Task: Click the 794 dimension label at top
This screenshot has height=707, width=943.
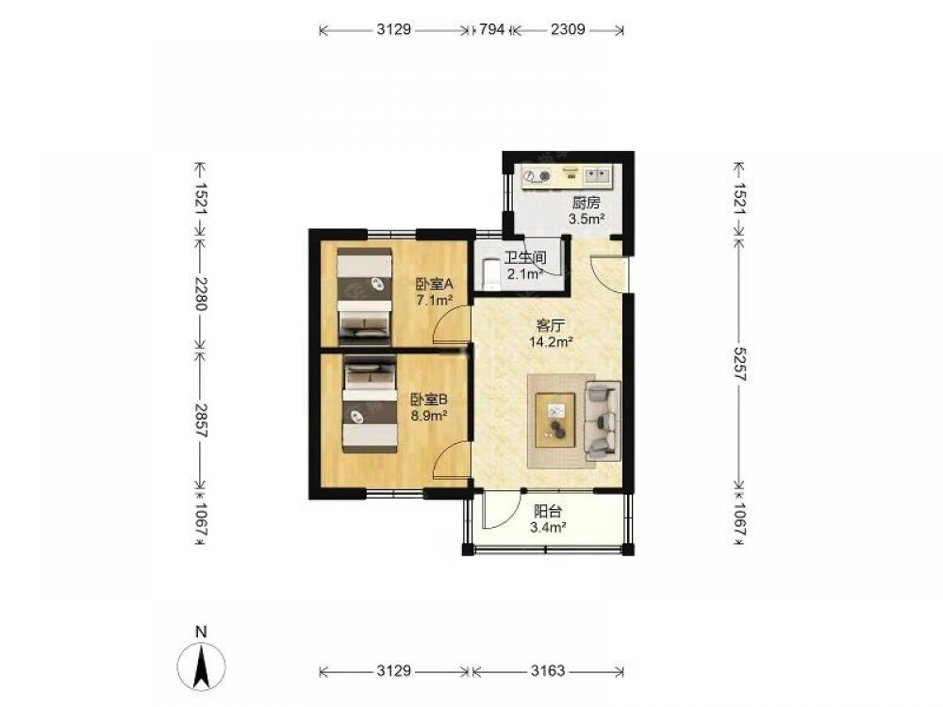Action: point(492,29)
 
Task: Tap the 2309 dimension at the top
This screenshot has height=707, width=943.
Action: point(568,29)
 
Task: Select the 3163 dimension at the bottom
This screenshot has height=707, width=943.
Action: point(548,670)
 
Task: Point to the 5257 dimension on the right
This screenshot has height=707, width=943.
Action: point(739,364)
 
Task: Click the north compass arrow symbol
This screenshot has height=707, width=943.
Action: point(202,666)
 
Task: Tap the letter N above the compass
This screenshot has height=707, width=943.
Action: point(202,632)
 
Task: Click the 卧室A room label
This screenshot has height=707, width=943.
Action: point(434,284)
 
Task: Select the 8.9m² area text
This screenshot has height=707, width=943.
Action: point(428,415)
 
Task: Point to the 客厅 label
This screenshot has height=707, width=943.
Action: point(551,326)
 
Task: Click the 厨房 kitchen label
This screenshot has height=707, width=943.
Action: point(586,203)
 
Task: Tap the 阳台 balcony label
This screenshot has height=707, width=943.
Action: point(548,512)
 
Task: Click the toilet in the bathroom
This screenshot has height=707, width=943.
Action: point(491,272)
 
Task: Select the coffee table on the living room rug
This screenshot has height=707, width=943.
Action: point(555,419)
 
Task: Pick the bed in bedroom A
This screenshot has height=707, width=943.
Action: point(364,296)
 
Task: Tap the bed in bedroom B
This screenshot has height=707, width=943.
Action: point(370,404)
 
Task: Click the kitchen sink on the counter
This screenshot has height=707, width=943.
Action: point(597,175)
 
